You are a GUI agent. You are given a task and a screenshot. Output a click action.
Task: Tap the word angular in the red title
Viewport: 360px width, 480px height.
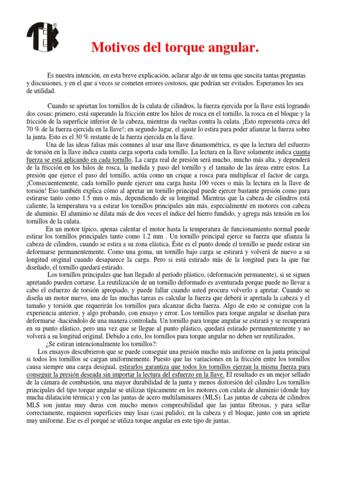tap(234, 47)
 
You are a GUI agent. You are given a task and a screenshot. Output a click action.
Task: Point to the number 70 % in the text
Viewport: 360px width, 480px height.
tap(32, 129)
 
